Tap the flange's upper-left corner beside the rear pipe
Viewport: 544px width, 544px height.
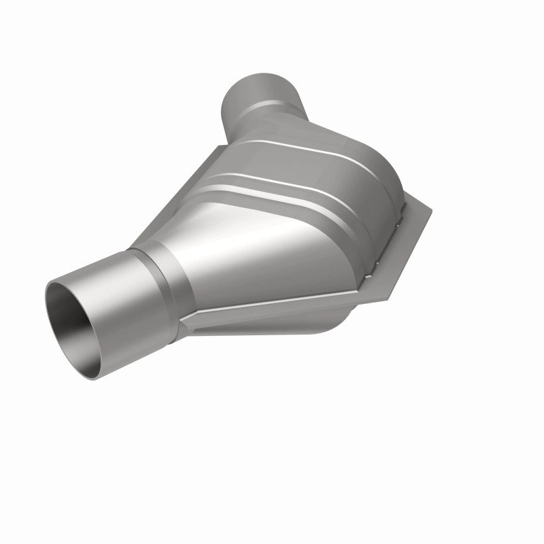[x=219, y=148]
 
